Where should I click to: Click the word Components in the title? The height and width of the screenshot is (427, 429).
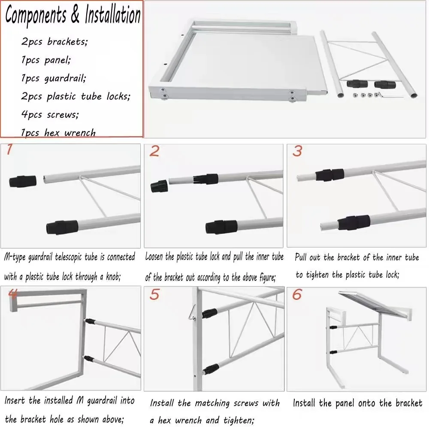pyautogui.click(x=36, y=15)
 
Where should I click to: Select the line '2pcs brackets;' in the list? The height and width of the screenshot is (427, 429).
pyautogui.click(x=54, y=42)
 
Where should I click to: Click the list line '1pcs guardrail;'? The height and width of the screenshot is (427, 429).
pyautogui.click(x=54, y=78)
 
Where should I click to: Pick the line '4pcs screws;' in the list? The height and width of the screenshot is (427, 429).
pyautogui.click(x=50, y=115)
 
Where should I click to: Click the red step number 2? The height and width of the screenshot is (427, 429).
pyautogui.click(x=154, y=151)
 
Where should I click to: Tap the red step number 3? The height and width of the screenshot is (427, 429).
pyautogui.click(x=297, y=151)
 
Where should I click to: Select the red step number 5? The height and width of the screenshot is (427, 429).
pyautogui.click(x=154, y=295)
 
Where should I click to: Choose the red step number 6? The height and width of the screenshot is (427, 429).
pyautogui.click(x=297, y=295)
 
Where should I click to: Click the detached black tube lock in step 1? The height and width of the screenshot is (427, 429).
pyautogui.click(x=23, y=181)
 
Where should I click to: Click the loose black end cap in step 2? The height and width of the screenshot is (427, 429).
pyautogui.click(x=159, y=186)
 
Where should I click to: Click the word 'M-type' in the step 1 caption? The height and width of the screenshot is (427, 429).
pyautogui.click(x=15, y=257)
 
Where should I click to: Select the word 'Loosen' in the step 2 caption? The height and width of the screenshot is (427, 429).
pyautogui.click(x=154, y=256)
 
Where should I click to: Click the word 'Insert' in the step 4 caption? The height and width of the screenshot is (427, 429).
pyautogui.click(x=15, y=400)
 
